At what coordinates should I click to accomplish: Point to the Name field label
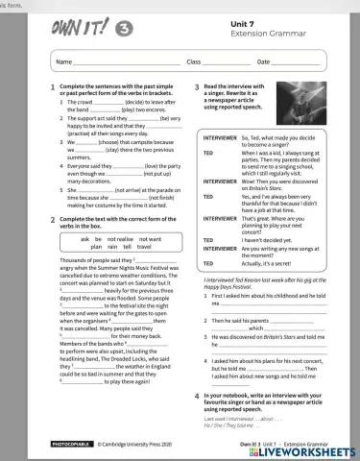pyautogui.click(x=65, y=61)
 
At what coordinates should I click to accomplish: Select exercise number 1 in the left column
pyautogui.click(x=52, y=86)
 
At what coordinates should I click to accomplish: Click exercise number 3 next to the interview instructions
pyautogui.click(x=198, y=86)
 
